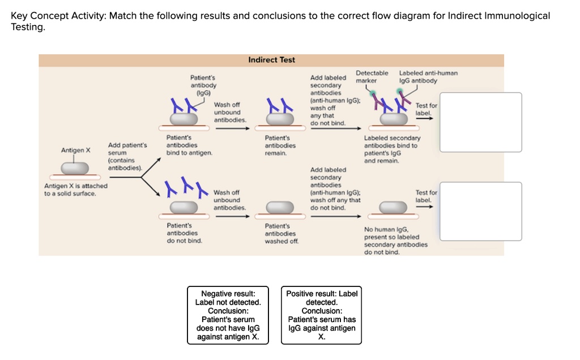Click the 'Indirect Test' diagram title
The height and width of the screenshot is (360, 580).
pos(271,59)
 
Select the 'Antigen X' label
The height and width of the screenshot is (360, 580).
pos(75,151)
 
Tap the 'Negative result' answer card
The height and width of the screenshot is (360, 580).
pos(228,315)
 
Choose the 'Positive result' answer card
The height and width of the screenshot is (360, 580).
pos(322,315)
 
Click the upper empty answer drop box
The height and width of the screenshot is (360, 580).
pos(480,122)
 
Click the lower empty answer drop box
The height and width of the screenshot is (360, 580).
pos(480,211)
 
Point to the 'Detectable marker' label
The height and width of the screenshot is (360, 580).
pos(372,77)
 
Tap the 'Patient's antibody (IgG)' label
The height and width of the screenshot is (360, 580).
pos(203,84)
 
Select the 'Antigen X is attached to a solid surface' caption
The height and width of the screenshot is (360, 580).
pos(76,190)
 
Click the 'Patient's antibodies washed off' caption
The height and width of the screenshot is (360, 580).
pos(280,233)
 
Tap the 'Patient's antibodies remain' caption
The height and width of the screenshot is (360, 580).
pos(280,145)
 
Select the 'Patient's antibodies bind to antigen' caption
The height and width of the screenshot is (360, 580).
pos(189,145)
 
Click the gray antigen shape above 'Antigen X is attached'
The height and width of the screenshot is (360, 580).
pos(75,168)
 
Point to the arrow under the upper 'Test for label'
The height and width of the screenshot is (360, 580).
pos(425,119)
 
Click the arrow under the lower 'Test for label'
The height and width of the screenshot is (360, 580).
pos(425,207)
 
